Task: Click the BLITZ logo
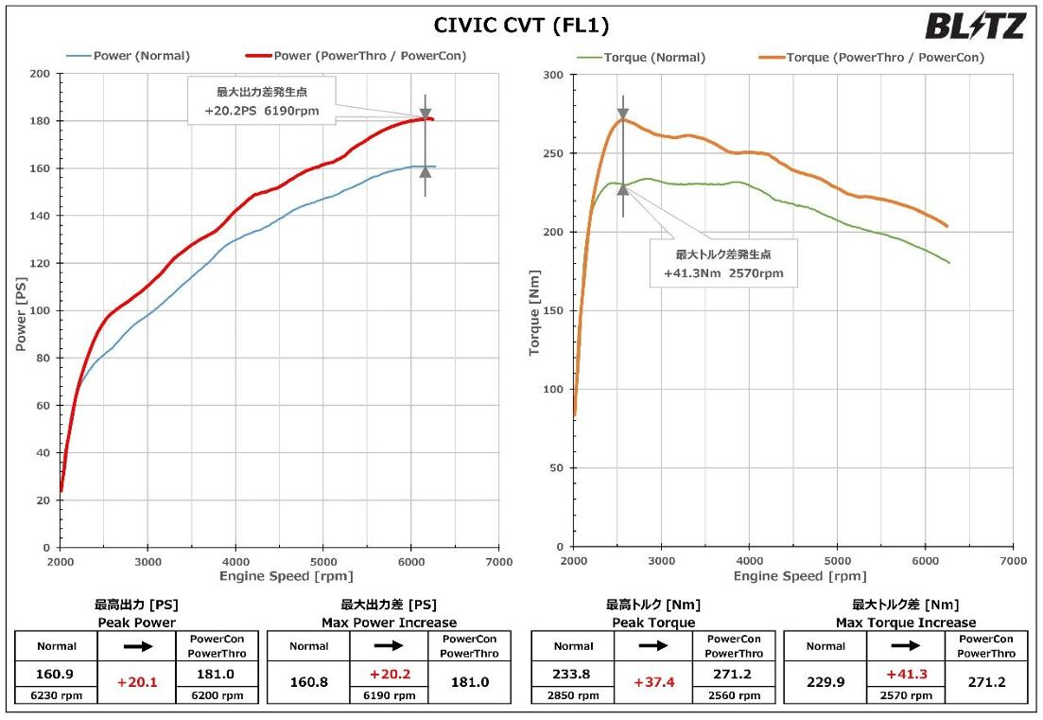[x=974, y=26]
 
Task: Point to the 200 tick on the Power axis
[x=42, y=74]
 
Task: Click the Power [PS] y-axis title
[x=20, y=310]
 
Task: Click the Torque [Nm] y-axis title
[x=534, y=310]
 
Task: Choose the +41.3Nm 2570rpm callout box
[x=722, y=263]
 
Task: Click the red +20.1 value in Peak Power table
[x=136, y=682]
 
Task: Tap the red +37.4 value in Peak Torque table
[x=655, y=682]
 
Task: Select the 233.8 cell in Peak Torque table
[x=573, y=675]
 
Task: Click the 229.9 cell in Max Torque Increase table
[x=826, y=682]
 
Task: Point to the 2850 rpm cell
[x=573, y=694]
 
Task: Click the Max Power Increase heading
[x=389, y=623]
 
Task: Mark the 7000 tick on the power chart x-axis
[x=498, y=562]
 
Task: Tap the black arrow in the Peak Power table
[x=136, y=646]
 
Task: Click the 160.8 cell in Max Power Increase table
[x=309, y=682]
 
